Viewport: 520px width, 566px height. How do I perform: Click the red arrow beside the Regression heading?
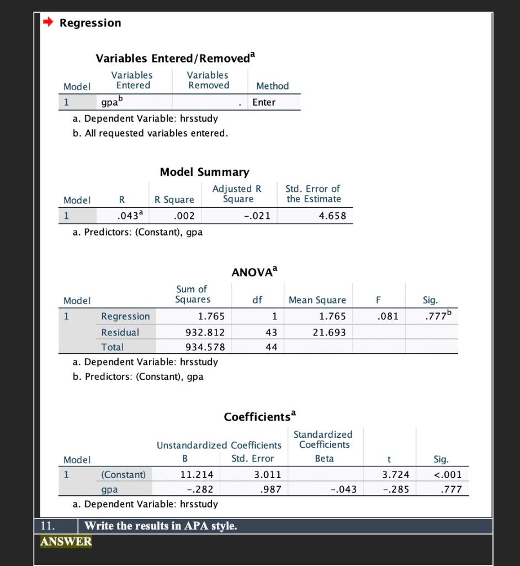click(x=49, y=23)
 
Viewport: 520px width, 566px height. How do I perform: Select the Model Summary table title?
click(x=204, y=172)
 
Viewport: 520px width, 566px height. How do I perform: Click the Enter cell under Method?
click(x=264, y=102)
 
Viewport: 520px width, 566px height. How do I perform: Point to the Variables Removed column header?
click(x=208, y=80)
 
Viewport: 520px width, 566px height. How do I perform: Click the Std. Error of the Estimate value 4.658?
click(x=332, y=216)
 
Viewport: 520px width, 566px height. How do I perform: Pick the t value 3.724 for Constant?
click(x=395, y=474)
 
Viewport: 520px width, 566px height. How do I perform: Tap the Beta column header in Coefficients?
click(x=324, y=458)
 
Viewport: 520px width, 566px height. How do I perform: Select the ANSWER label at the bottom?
click(x=66, y=541)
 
